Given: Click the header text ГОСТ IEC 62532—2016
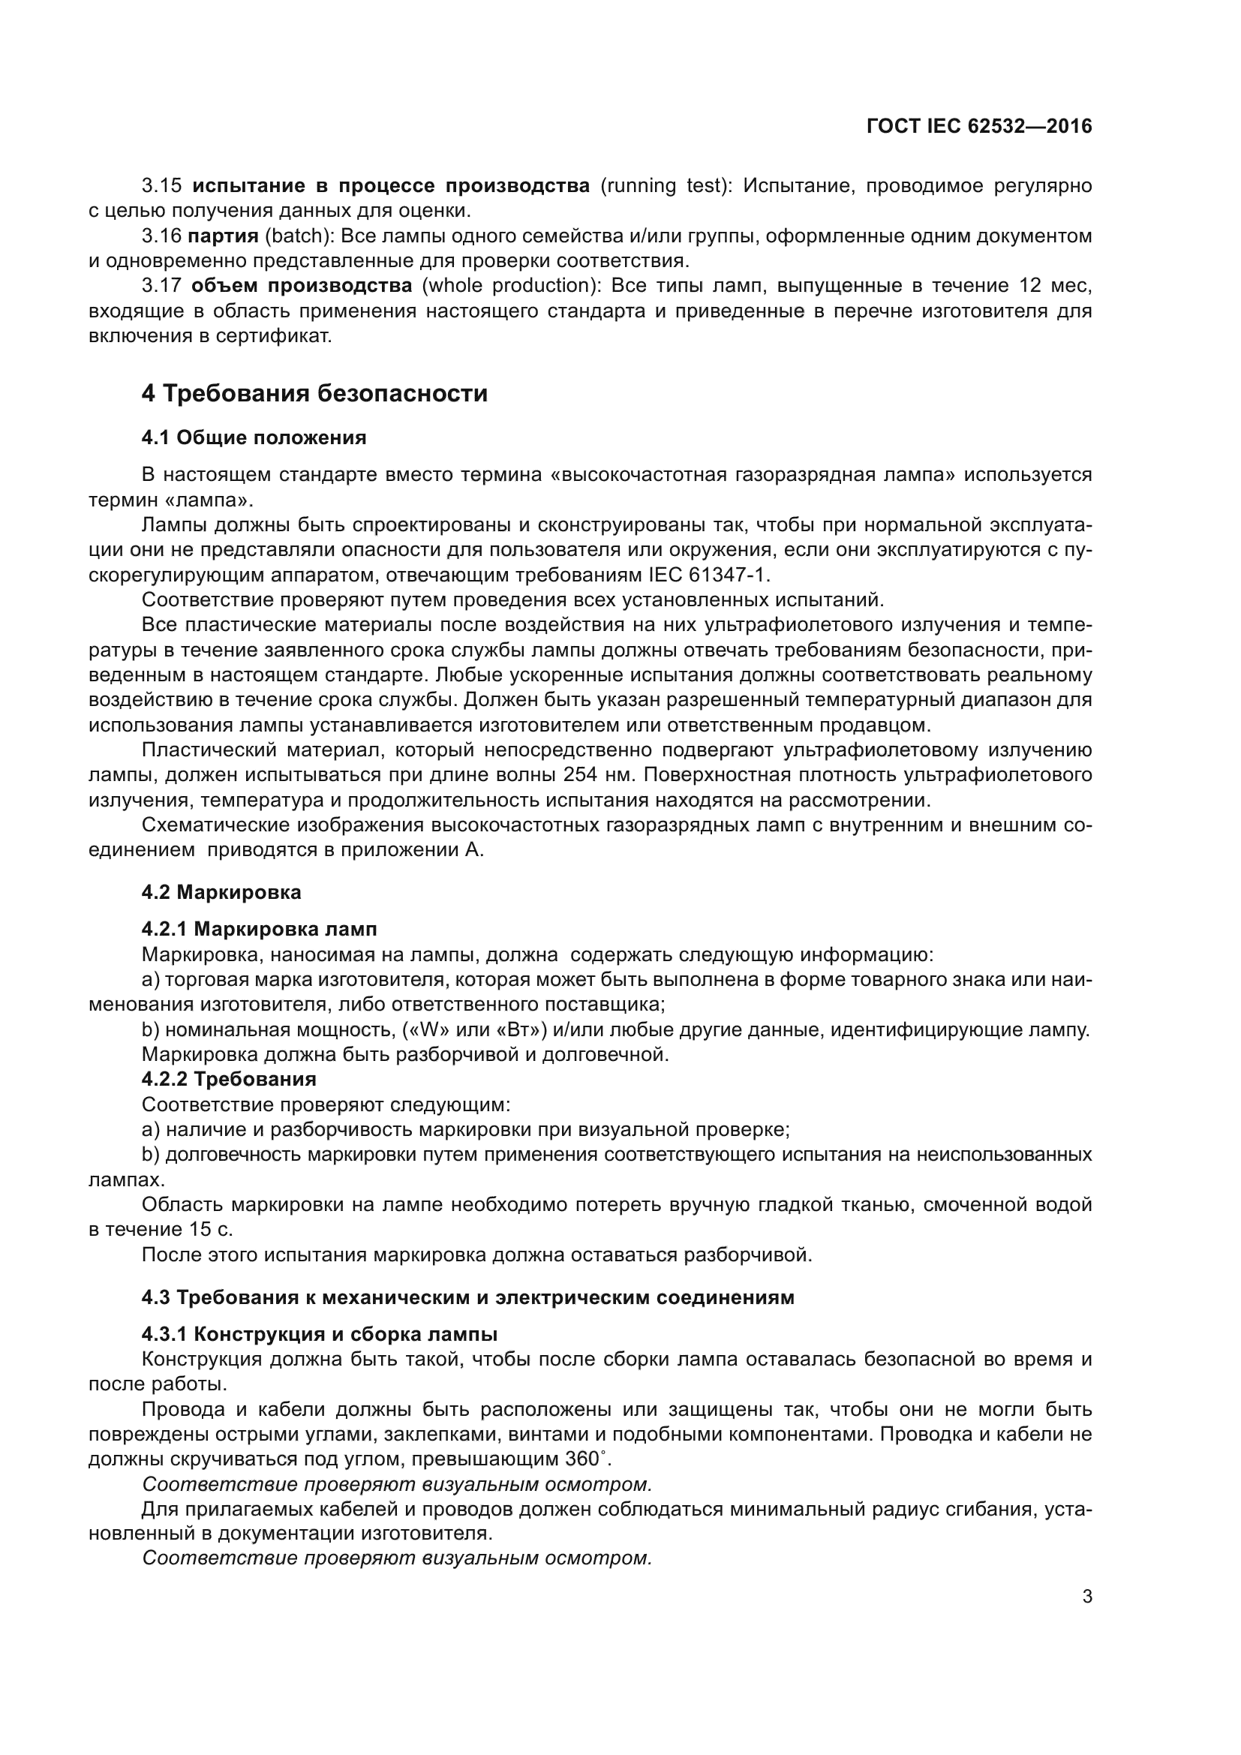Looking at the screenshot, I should (x=979, y=127).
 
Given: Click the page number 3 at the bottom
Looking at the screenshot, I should (x=1086, y=1597).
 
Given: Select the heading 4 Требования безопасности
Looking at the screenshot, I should (x=314, y=394).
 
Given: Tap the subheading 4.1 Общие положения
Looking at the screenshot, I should (x=254, y=438).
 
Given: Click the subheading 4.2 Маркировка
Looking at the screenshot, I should (x=221, y=892).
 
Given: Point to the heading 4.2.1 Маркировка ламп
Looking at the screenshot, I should (x=259, y=929).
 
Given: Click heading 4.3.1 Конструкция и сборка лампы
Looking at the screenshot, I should (x=320, y=1334).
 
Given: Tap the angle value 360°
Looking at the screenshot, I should (x=587, y=1459).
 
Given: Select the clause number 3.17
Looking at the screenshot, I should (x=161, y=286).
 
